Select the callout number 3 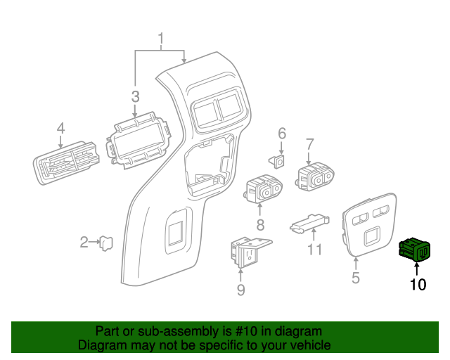136,96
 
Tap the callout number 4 60,128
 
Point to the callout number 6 282,134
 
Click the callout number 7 309,144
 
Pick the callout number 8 260,224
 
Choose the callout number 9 240,290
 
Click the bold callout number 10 418,285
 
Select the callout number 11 315,249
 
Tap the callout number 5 356,278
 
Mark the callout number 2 84,243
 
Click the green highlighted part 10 415,250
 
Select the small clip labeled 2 106,243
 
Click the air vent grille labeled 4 66,163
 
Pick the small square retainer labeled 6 277,161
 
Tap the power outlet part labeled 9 249,252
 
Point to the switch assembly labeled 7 315,176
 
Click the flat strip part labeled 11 309,224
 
